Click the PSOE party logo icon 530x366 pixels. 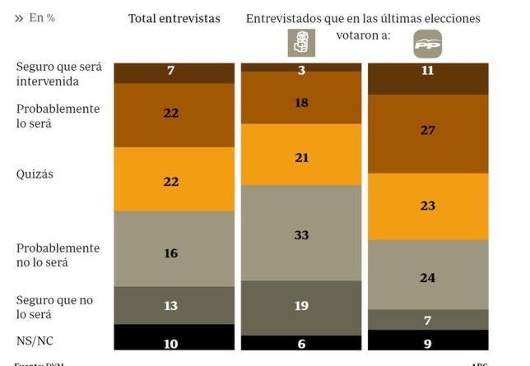(x=301, y=43)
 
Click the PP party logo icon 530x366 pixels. (x=427, y=44)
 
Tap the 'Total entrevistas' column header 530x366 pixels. (x=174, y=18)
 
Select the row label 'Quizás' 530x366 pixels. (x=35, y=174)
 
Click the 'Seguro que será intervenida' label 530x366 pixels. (x=58, y=74)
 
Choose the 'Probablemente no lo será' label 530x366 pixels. (x=58, y=255)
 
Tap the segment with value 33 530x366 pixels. (x=301, y=234)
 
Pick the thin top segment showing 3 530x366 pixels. (x=301, y=67)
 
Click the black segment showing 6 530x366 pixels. (x=301, y=342)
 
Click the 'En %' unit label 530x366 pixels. (x=35, y=18)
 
